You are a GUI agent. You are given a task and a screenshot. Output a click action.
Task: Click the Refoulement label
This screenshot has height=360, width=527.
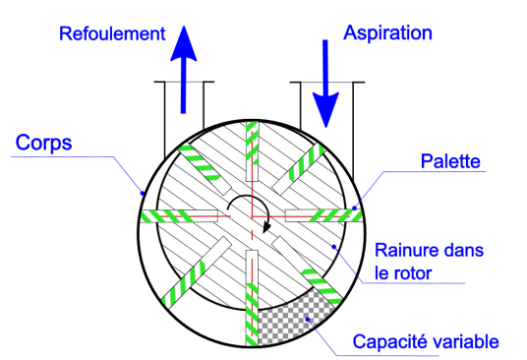pos(112,33)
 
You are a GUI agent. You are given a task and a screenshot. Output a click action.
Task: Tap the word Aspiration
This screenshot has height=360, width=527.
pos(387,32)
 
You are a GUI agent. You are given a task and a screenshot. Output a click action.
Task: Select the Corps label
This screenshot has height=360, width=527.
pos(43,143)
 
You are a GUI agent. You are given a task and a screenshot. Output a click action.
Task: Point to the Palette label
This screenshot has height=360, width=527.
pos(450,161)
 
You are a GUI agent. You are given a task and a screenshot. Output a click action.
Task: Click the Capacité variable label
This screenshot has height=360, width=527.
pos(426,341)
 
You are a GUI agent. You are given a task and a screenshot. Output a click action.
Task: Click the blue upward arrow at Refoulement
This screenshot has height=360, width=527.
pos(184,70)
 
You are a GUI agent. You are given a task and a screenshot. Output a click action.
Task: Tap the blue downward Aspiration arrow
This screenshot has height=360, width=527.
pos(325,84)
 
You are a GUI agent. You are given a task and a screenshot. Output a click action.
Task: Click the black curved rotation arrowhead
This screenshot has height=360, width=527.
pos(266,226)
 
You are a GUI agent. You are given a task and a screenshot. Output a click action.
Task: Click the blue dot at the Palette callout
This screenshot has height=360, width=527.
pos(354,209)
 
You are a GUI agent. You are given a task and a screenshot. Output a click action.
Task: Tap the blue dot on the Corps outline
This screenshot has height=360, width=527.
pos(143,193)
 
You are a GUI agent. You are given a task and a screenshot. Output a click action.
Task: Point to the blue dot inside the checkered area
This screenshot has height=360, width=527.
pos(307,319)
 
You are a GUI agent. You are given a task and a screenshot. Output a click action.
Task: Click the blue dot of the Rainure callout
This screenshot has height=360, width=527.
pos(334,247)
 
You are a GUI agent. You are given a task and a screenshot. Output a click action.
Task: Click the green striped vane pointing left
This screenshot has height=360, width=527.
pos(167,215)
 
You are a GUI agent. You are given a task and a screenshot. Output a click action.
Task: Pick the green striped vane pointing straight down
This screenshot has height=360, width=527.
pos(252,315)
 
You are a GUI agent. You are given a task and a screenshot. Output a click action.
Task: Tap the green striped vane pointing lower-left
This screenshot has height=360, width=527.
pos(183,284)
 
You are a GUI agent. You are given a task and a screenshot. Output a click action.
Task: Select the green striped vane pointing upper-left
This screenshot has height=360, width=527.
pos(199,162)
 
